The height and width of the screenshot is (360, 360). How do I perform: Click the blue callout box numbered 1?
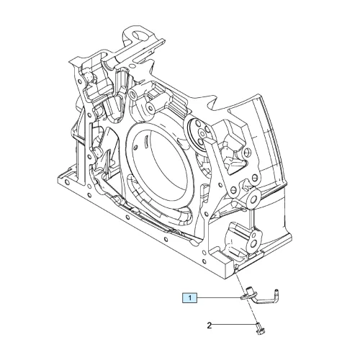[189, 298]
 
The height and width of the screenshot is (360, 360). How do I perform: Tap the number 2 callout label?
[210, 325]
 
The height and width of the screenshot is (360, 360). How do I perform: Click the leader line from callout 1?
[218, 298]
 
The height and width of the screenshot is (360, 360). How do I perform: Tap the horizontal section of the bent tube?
[264, 302]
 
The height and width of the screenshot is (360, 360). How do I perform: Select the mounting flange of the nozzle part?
[247, 297]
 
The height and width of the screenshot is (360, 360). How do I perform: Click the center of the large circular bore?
[159, 165]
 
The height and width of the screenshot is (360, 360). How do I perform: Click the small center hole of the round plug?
[202, 133]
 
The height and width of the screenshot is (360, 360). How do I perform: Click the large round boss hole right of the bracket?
[253, 198]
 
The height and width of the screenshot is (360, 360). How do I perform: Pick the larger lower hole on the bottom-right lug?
[253, 245]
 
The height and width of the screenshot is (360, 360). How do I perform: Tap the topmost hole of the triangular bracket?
[246, 152]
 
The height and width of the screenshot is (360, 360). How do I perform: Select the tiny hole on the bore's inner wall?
[136, 147]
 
